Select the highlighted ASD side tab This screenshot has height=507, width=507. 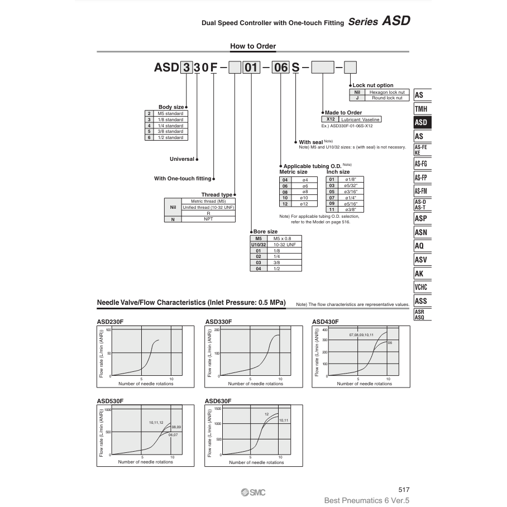pyautogui.click(x=421, y=122)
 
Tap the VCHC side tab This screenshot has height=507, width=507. pyautogui.click(x=421, y=288)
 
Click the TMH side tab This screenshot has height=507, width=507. pyautogui.click(x=421, y=109)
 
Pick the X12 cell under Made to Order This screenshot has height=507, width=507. pyautogui.click(x=331, y=119)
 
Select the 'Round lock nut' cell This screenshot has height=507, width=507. pyautogui.click(x=386, y=98)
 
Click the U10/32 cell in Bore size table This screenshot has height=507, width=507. pyautogui.click(x=259, y=245)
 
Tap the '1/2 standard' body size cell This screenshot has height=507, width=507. pyautogui.click(x=170, y=137)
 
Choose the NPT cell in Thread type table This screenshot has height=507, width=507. pyautogui.click(x=208, y=219)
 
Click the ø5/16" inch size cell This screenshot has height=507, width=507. pyautogui.click(x=351, y=203)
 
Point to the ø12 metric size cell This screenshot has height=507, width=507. pyautogui.click(x=305, y=204)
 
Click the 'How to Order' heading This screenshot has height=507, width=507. pyautogui.click(x=253, y=46)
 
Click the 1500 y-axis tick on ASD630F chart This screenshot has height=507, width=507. pyautogui.click(x=218, y=409)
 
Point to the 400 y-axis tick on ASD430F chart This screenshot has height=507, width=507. pyautogui.click(x=324, y=329)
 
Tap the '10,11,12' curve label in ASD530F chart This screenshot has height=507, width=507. pyautogui.click(x=156, y=423)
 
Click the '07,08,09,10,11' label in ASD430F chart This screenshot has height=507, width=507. pyautogui.click(x=361, y=334)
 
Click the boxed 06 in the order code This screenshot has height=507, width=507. pyautogui.click(x=280, y=68)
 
